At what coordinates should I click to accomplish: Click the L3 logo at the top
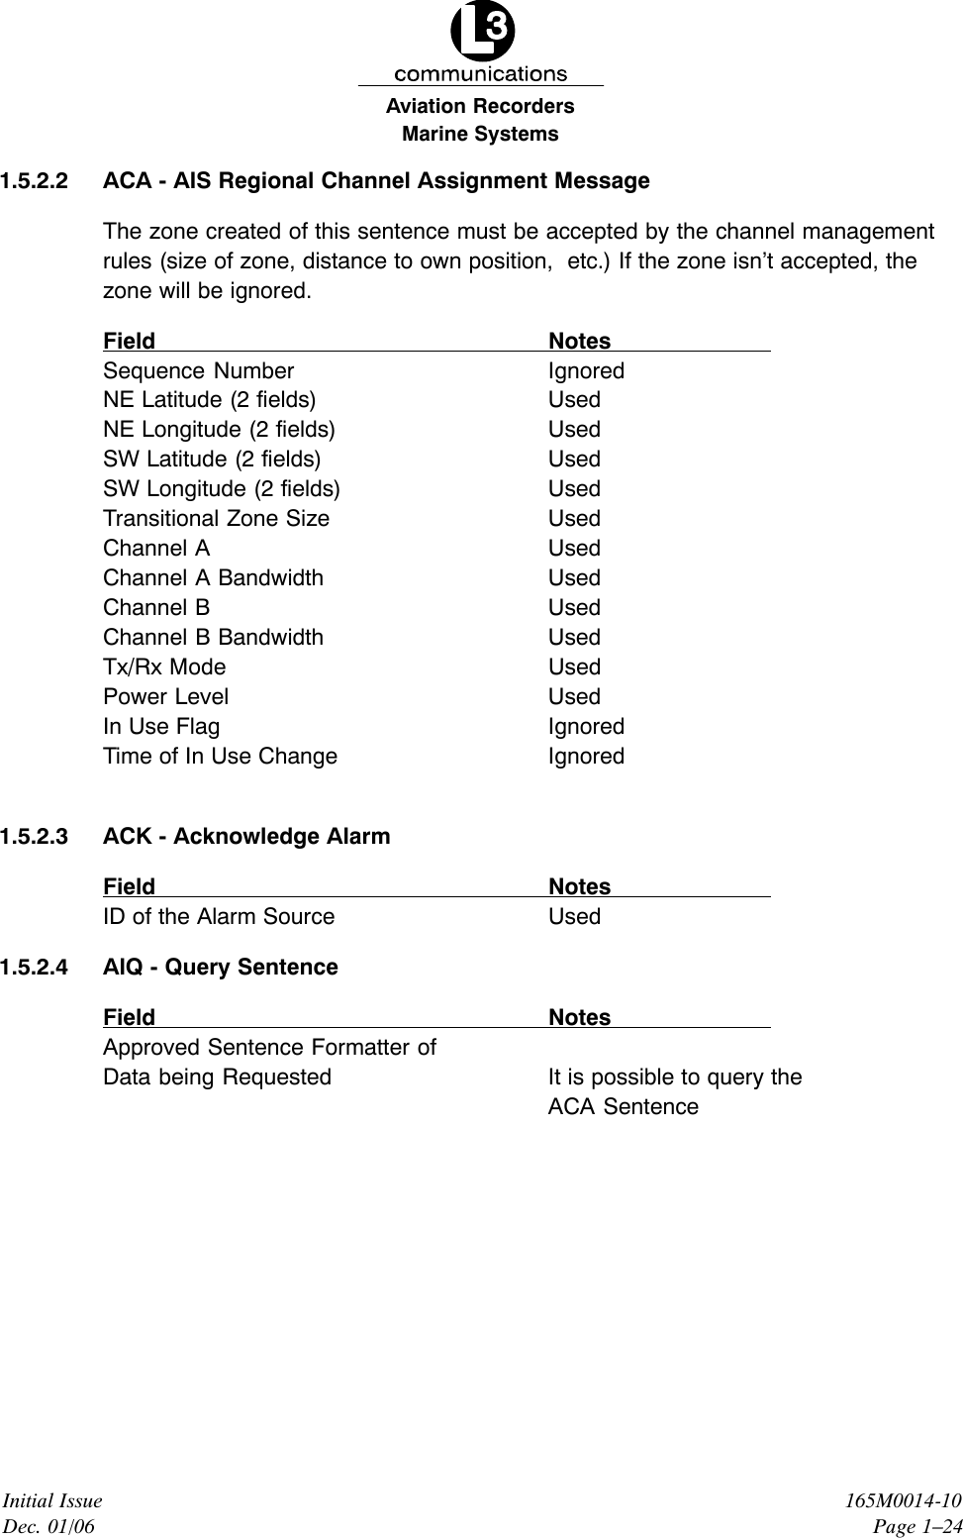[x=482, y=35]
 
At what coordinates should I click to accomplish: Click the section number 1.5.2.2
[x=35, y=181]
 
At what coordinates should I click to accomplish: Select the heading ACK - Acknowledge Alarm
[x=246, y=837]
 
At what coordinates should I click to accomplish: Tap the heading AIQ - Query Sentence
[x=220, y=968]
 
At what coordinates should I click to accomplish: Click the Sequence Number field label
[x=198, y=371]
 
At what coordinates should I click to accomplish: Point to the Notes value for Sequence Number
[x=586, y=371]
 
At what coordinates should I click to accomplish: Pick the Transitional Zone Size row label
[x=216, y=519]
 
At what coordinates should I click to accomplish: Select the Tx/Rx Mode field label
[x=164, y=667]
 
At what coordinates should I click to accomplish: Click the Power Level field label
[x=165, y=697]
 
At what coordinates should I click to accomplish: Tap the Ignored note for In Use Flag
[x=586, y=727]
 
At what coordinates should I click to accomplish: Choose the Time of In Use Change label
[x=220, y=757]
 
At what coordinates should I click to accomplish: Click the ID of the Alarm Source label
[x=219, y=917]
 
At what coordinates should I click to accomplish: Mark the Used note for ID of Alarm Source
[x=574, y=917]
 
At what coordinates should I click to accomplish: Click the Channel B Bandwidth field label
[x=213, y=638]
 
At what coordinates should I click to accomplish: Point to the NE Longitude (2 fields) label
[x=219, y=430]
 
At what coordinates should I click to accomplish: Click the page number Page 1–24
[x=916, y=1527]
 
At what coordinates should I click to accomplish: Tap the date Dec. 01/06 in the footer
[x=50, y=1527]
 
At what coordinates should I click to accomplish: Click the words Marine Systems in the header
[x=480, y=134]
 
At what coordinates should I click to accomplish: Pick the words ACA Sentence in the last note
[x=623, y=1107]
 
